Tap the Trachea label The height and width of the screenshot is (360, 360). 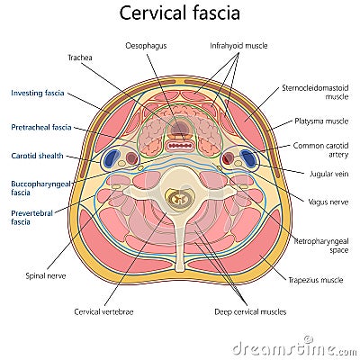(x=80, y=58)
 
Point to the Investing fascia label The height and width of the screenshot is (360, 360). (x=38, y=92)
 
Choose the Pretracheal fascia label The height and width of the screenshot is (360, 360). (x=41, y=128)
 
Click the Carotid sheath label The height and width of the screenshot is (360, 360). (x=36, y=155)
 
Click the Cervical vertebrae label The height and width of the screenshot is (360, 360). (x=104, y=311)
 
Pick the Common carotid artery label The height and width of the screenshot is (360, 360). (x=318, y=148)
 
